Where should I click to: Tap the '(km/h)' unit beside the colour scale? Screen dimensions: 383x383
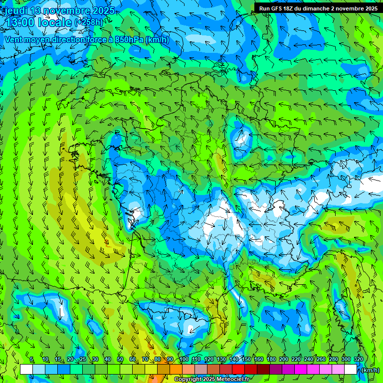[x=369, y=370]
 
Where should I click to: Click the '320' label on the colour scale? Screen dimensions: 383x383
[x=358, y=360]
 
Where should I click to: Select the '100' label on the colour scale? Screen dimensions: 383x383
[x=184, y=360]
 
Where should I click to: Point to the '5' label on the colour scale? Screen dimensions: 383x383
[x=31, y=360]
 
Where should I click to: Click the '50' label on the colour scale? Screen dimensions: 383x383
[x=120, y=360]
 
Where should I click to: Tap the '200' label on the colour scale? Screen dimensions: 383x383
[x=283, y=360]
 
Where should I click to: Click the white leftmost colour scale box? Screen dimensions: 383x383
[x=26, y=370]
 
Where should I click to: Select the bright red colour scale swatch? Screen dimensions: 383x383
[x=238, y=370]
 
